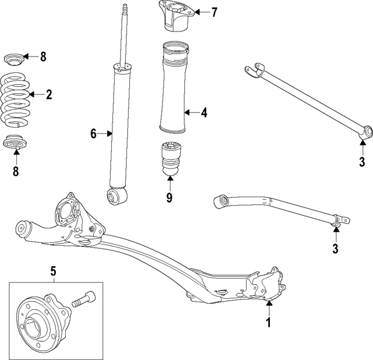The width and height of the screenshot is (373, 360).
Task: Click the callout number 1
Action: coord(269,322)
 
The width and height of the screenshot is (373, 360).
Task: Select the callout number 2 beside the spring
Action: coord(49,94)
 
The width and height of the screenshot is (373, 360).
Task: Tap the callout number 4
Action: coord(204,113)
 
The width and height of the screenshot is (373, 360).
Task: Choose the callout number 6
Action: coord(93,134)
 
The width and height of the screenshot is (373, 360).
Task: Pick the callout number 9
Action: coord(170,197)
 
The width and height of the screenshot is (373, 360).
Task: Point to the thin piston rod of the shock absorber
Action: coord(125,35)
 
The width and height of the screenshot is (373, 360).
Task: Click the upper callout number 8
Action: coord(43,57)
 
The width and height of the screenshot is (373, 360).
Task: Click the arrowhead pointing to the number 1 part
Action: coord(269,303)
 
